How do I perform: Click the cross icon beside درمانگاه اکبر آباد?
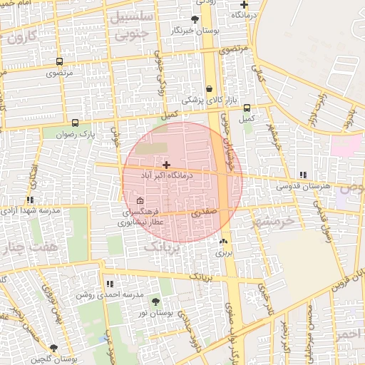166,165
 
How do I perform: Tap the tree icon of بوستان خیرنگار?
195,19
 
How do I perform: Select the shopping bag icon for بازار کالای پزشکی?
209,89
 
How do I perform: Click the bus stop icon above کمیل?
247,108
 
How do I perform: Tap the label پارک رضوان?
77,133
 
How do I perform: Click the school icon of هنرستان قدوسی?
304,175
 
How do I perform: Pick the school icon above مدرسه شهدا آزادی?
30,200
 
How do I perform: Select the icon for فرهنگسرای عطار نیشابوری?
140,200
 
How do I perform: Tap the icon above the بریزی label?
224,242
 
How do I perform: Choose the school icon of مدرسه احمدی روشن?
109,284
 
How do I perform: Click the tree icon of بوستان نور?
155,302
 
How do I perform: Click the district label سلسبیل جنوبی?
132,24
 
